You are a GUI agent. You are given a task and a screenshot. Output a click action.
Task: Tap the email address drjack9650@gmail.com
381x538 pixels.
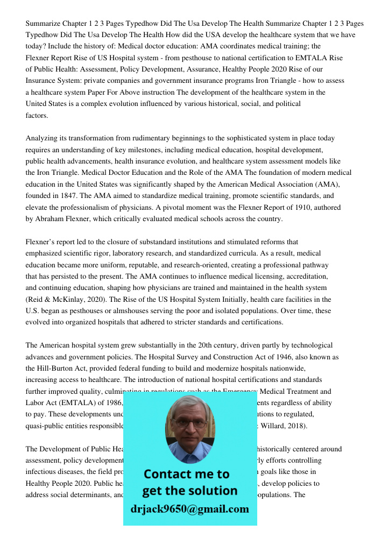click(190, 509)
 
